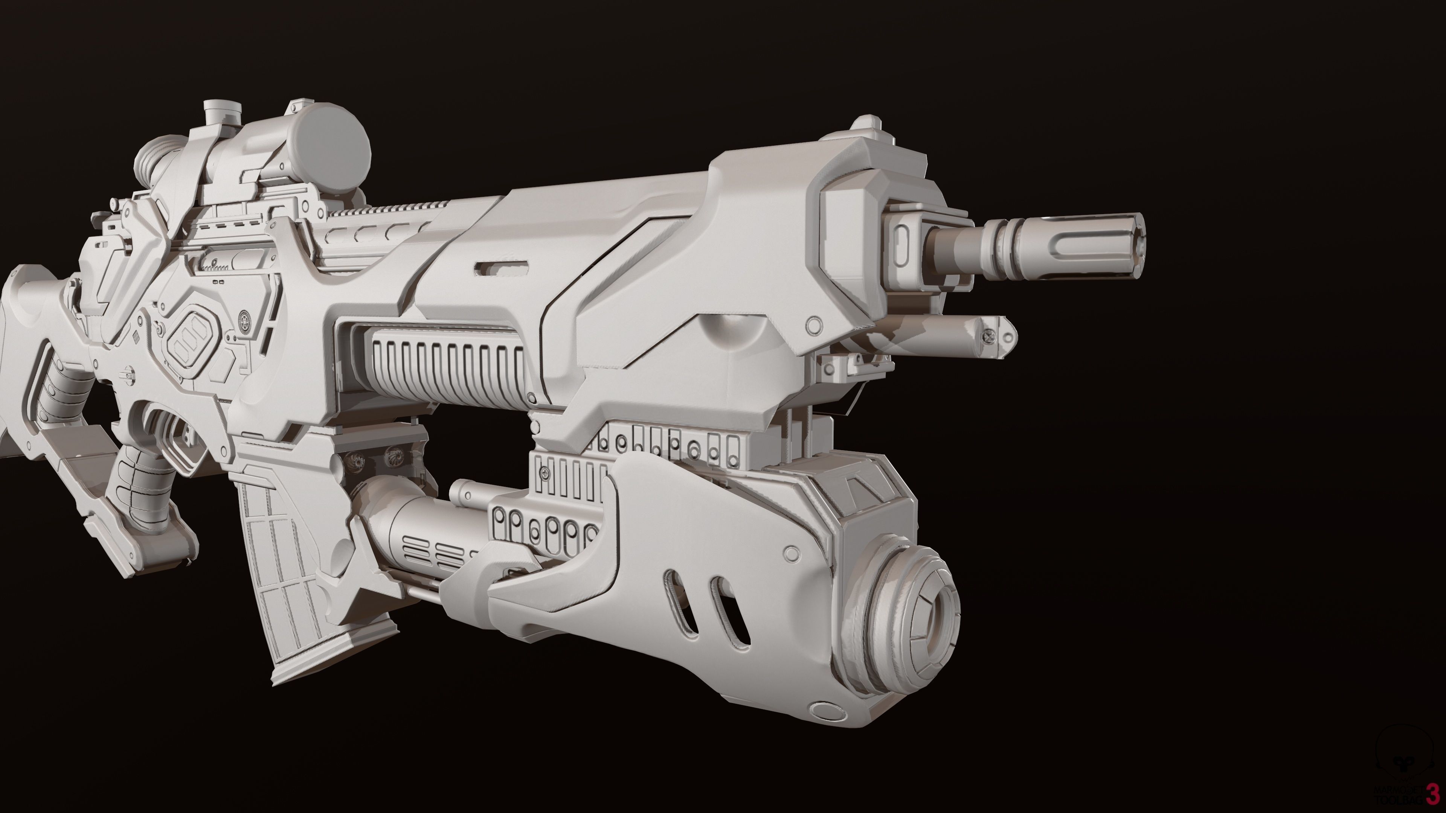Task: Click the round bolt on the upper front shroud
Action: [x=813, y=323]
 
